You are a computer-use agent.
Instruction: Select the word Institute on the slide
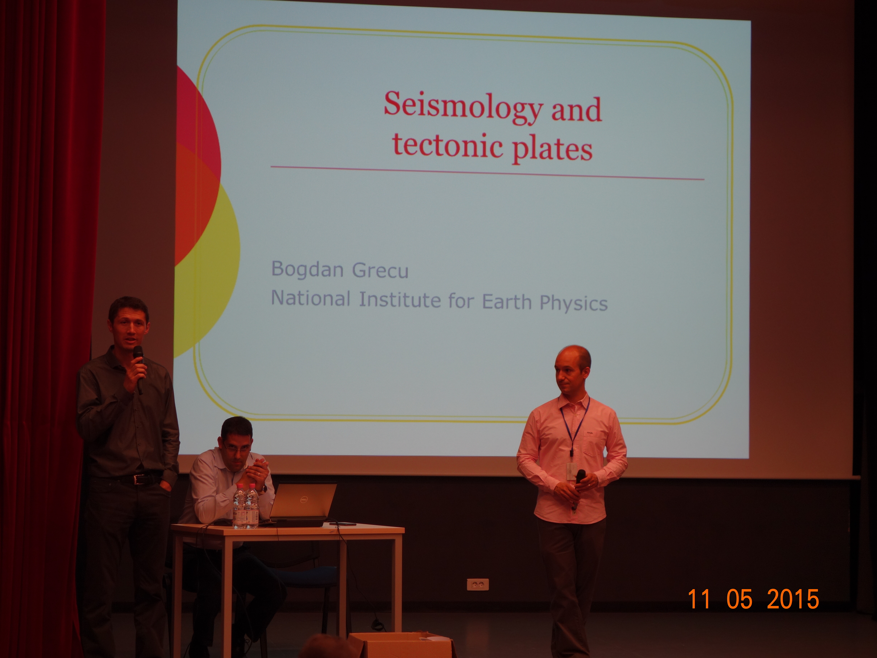point(400,299)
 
